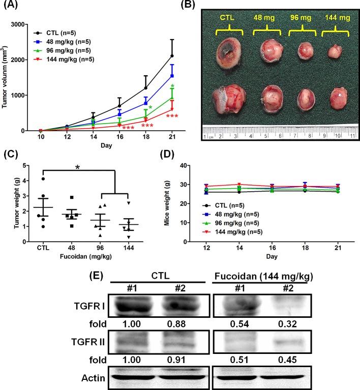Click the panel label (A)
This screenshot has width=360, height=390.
[x=11, y=6]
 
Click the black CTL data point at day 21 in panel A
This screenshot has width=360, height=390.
[x=172, y=56]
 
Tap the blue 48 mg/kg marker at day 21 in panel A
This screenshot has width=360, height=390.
[x=172, y=76]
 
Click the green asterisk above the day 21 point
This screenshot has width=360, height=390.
[x=172, y=86]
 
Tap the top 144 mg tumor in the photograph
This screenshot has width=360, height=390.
[x=334, y=51]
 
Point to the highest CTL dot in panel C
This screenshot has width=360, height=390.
[x=44, y=178]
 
